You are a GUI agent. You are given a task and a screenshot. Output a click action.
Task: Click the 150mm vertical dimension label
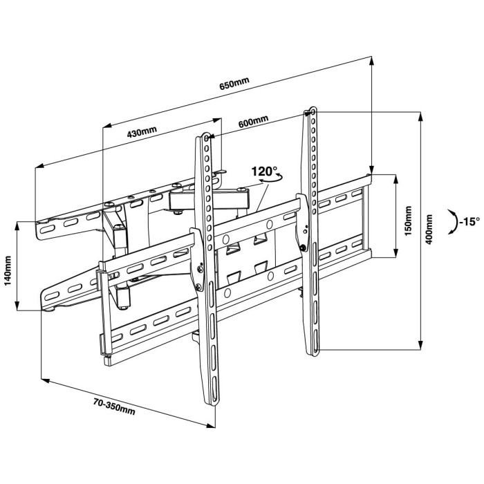[x=408, y=218]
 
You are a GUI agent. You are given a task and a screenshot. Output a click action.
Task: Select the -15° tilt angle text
[x=469, y=221]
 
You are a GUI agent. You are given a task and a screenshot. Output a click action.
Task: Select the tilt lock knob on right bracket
[x=303, y=247]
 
